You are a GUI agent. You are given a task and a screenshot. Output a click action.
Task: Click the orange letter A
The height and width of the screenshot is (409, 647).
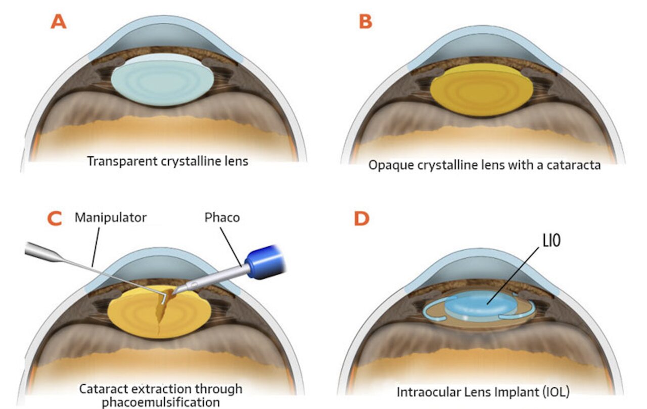(59, 22)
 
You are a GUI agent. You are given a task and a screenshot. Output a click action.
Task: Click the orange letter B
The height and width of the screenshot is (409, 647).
(364, 22)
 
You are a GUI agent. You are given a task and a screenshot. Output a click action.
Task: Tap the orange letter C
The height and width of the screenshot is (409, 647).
(54, 218)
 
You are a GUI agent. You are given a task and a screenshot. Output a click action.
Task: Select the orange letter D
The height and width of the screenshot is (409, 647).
(362, 218)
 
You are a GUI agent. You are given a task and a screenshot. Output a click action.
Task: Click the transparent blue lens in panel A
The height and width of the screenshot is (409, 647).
(161, 81)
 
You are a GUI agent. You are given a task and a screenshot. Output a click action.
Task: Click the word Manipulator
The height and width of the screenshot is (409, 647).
(110, 218)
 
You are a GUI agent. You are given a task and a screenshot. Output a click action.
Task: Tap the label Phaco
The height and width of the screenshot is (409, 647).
(222, 218)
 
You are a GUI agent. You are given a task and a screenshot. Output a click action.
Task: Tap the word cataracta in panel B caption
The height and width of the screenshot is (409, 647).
(571, 165)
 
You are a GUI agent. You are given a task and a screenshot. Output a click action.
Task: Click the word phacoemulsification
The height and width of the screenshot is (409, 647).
(161, 402)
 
